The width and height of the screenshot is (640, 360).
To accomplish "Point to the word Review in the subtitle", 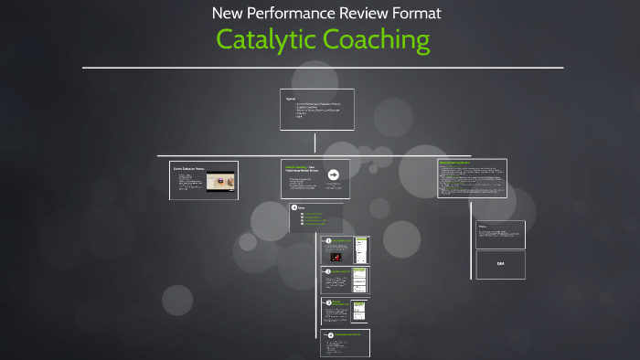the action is (360, 13).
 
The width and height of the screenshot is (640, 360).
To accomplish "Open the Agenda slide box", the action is (316, 110).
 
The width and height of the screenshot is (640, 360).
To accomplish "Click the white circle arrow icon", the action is (334, 175).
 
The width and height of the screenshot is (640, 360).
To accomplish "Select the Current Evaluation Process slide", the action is (204, 180).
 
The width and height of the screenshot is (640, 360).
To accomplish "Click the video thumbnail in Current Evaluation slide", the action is (219, 184).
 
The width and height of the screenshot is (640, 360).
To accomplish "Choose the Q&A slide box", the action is (500, 263).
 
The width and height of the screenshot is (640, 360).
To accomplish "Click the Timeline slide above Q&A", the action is (500, 233).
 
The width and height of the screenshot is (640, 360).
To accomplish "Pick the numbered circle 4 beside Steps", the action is (293, 207).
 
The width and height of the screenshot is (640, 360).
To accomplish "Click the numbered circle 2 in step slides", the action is (328, 271).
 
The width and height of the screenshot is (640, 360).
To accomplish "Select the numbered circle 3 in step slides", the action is (328, 302).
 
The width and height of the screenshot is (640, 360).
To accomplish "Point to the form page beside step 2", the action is (360, 281).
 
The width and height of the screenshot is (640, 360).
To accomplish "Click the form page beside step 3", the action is (360, 311).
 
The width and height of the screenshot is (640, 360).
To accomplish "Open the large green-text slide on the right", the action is (471, 178).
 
